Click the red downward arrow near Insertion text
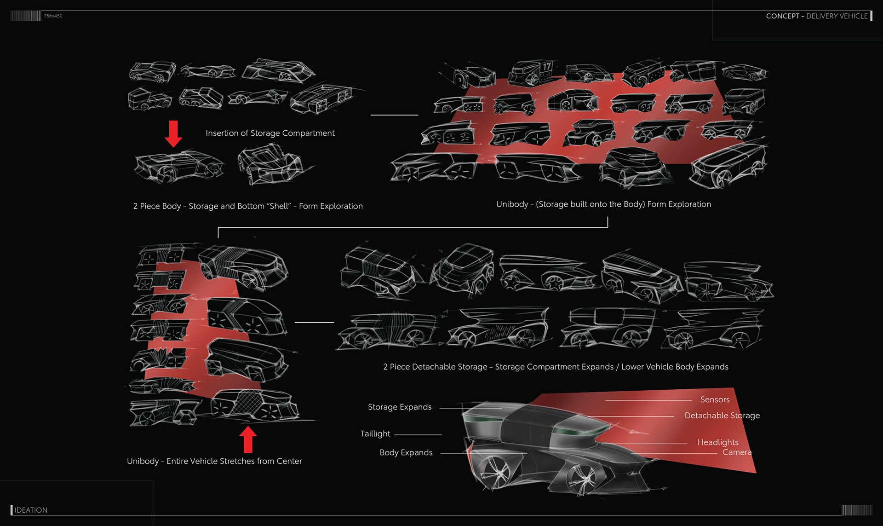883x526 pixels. click(x=173, y=133)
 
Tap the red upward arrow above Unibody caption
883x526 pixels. click(x=248, y=439)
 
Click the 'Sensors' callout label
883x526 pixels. click(x=715, y=399)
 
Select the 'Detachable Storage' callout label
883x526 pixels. click(x=722, y=416)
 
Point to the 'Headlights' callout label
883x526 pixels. click(x=718, y=442)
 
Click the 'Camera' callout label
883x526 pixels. click(x=737, y=452)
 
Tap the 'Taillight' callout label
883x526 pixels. click(x=375, y=434)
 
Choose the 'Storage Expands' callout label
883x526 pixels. click(x=400, y=407)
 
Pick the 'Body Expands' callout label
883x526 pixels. click(x=406, y=452)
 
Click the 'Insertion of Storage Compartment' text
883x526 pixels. click(x=270, y=133)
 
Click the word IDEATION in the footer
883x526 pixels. click(x=31, y=510)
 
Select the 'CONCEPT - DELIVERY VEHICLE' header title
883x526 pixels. click(x=817, y=16)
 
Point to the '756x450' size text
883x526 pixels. click(x=53, y=16)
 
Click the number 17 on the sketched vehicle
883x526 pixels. click(x=546, y=67)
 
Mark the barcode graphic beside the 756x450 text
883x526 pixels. click(x=26, y=16)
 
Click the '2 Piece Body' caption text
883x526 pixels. click(x=248, y=206)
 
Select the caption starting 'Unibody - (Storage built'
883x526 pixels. click(x=603, y=204)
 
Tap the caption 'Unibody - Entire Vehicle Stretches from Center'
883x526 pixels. click(x=214, y=461)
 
